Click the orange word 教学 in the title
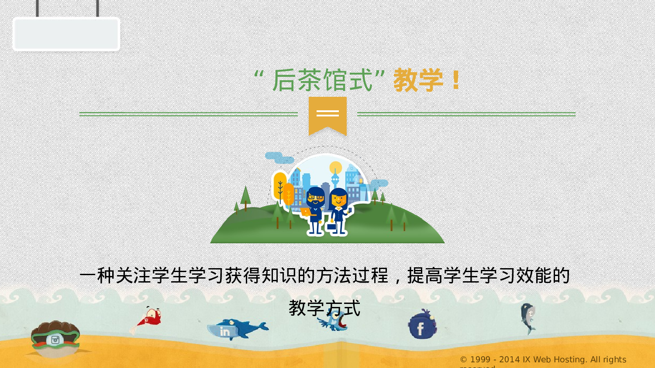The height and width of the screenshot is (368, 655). click(418, 80)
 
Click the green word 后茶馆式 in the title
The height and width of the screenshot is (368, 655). click(322, 80)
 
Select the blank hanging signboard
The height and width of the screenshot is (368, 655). click(66, 34)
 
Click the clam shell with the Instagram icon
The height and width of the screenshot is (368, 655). click(55, 338)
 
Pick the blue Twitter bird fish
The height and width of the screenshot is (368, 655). click(334, 320)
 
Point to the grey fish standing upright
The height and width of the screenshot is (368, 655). click(528, 318)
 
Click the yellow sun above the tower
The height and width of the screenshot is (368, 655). click(336, 167)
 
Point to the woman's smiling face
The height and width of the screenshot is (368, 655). click(339, 200)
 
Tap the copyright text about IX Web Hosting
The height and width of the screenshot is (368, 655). click(543, 360)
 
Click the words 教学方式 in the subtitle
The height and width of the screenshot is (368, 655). click(324, 308)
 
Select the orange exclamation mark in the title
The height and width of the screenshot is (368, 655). click(456, 80)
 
